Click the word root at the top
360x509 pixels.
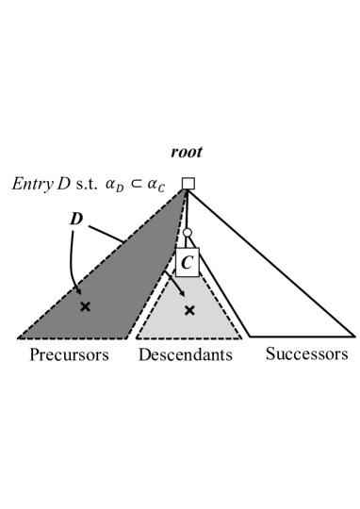coord(186,152)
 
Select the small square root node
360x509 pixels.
coord(188,183)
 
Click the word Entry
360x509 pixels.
coord(31,183)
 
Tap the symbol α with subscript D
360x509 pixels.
coord(117,184)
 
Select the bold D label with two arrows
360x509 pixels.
coord(77,219)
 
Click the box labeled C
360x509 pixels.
coord(188,262)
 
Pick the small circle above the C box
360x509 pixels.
coord(188,233)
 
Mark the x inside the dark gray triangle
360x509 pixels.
coord(86,306)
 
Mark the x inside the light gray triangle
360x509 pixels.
coord(188,309)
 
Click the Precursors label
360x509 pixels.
coord(68,354)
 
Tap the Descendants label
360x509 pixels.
coord(185,354)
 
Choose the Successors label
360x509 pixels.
coord(306,354)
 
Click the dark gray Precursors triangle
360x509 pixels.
coord(113,283)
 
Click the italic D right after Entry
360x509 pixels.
coord(61,183)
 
